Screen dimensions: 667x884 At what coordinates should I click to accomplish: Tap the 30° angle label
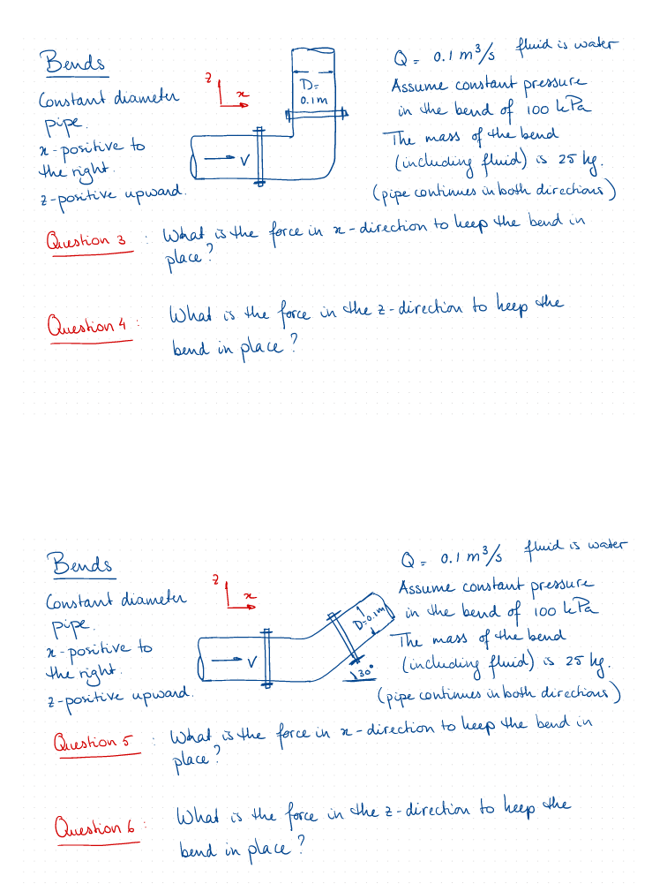[366, 675]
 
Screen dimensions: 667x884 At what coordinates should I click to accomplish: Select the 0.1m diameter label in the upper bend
[313, 101]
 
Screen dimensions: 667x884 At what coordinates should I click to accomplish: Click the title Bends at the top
[73, 63]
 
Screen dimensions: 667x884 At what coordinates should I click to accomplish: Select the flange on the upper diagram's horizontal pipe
[259, 155]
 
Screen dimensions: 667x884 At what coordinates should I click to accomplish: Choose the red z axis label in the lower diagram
[214, 580]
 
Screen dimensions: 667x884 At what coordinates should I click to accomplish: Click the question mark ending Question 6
[301, 850]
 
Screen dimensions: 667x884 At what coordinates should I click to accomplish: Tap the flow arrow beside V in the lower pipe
[228, 660]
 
